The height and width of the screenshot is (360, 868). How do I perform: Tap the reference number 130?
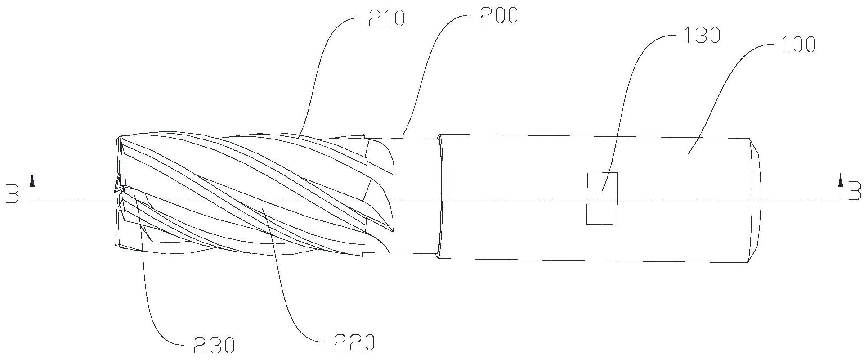pyautogui.click(x=702, y=35)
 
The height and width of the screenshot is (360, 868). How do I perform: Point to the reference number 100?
pyautogui.click(x=797, y=45)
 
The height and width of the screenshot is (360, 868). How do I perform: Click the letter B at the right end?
pyautogui.click(x=855, y=191)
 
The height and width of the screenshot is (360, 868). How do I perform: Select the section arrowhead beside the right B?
pyautogui.click(x=840, y=181)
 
